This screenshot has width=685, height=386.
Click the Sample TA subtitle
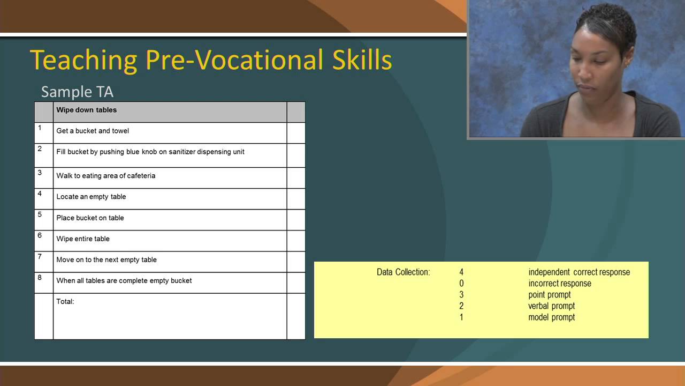tap(77, 92)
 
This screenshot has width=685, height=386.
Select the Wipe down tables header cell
tap(87, 110)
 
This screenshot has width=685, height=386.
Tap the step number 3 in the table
tap(40, 173)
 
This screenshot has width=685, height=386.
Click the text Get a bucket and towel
tap(93, 131)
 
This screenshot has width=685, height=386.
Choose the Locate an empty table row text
tap(91, 197)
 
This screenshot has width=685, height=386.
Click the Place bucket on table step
tap(90, 218)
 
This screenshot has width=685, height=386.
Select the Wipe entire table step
tap(83, 239)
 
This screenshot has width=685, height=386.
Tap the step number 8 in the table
tap(40, 277)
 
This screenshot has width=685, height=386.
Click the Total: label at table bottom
tap(65, 301)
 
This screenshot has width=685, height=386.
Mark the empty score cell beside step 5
tap(296, 220)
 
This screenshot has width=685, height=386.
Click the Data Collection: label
tap(403, 272)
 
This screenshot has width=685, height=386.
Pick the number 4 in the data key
tap(461, 272)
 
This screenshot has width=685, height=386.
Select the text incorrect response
tap(560, 284)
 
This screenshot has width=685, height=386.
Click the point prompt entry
tap(550, 295)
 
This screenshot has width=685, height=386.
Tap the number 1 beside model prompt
tap(461, 317)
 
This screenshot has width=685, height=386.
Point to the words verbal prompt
tap(552, 306)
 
